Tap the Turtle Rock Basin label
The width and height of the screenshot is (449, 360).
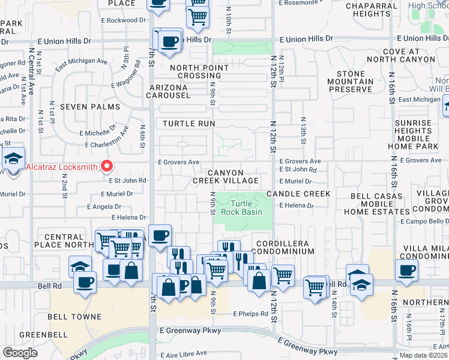point(242,208)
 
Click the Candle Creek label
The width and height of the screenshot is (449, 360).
point(298,194)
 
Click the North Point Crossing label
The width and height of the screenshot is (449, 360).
point(195,72)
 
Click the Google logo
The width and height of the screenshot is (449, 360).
point(19,353)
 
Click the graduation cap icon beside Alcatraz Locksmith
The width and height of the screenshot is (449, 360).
point(13,160)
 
